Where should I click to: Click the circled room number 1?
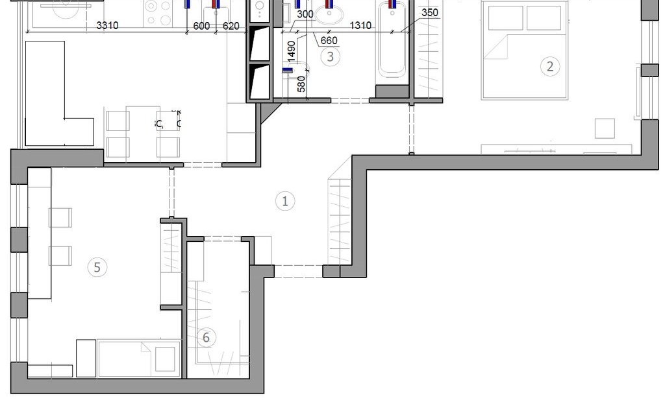(285, 201)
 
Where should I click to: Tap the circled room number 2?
(550, 67)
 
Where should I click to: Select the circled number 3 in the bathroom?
(331, 57)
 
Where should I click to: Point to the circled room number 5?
(97, 267)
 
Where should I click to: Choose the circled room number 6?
(206, 338)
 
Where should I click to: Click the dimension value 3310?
(107, 25)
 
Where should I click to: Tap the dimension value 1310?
(360, 25)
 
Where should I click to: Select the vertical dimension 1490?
(291, 51)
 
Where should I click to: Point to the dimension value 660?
(329, 40)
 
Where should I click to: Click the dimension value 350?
(430, 13)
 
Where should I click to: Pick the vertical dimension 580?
(301, 84)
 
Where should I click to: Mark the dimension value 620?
(231, 26)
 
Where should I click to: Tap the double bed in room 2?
(525, 50)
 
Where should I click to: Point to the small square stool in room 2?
(605, 129)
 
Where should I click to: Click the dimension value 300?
(305, 14)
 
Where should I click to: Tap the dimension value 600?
(201, 26)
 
